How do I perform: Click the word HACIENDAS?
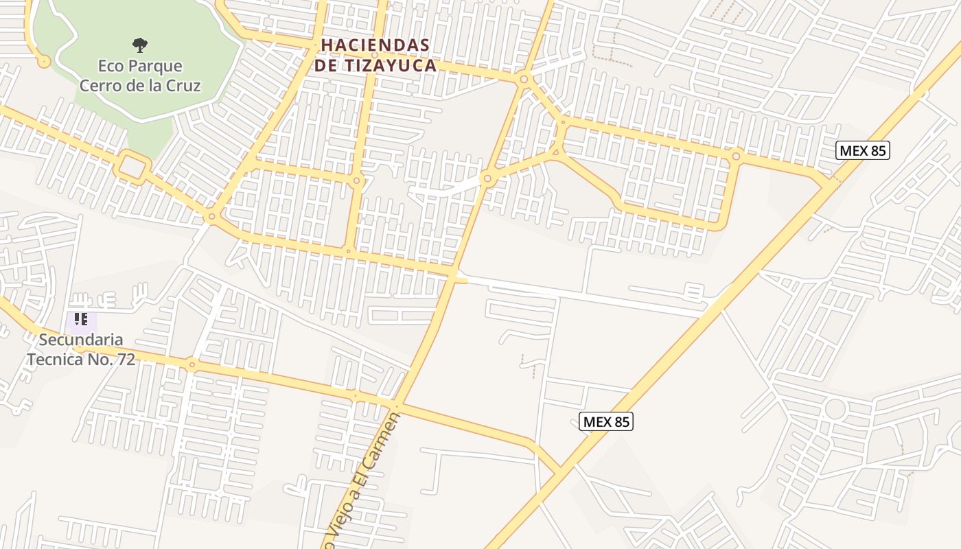pos(375,45)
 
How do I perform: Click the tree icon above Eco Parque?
pos(140,45)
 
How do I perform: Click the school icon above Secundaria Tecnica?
pos(81,319)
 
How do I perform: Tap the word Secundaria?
pos(81,339)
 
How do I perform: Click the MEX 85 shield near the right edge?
pos(862,150)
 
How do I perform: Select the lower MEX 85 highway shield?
pos(605,421)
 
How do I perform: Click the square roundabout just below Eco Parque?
pos(133,167)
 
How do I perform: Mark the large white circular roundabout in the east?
pos(835,409)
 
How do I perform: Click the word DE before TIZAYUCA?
pos(325,65)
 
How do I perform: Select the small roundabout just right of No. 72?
pos(192,364)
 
